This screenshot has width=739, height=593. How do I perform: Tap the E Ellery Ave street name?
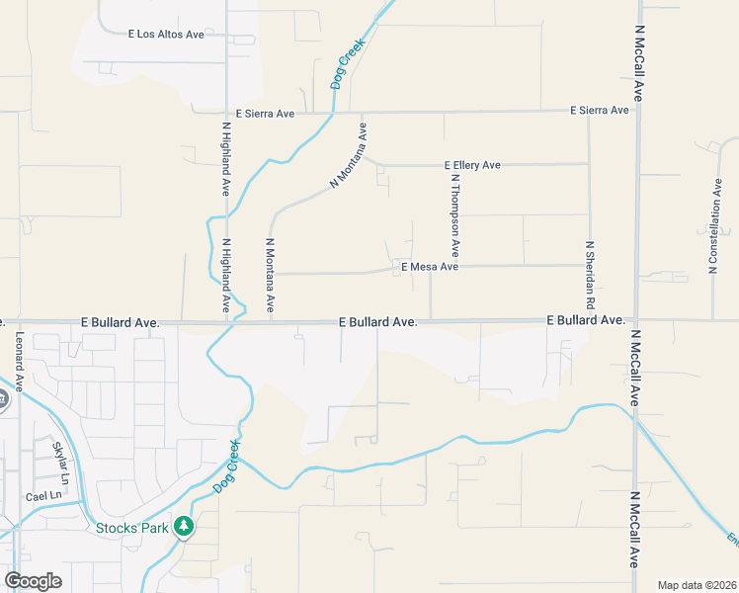coord(473,165)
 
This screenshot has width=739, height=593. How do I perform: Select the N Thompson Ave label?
coord(455,215)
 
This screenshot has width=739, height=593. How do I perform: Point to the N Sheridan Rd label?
coord(590,273)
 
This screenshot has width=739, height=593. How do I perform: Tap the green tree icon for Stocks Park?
coord(183,527)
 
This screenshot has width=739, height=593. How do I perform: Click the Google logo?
coord(33,581)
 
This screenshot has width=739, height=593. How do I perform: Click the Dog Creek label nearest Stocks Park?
coord(226,466)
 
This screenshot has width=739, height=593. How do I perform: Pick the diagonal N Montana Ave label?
coord(349,155)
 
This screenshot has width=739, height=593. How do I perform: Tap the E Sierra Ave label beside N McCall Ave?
coord(600,110)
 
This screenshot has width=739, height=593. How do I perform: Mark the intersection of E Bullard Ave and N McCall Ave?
coord(637,321)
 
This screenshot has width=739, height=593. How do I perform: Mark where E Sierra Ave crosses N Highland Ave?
coord(226,113)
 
